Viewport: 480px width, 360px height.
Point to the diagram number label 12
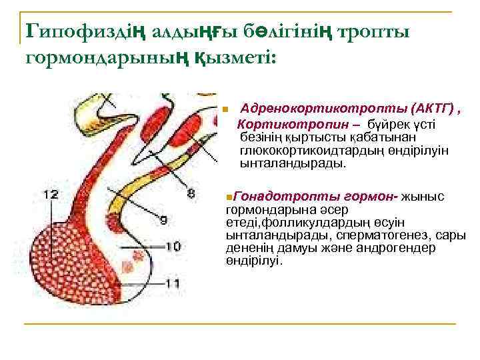pyautogui.click(x=51, y=195)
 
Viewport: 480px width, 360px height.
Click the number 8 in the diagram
pyautogui.click(x=191, y=194)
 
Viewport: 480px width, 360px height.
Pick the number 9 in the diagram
pyautogui.click(x=163, y=219)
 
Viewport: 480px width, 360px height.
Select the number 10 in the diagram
pyautogui.click(x=173, y=247)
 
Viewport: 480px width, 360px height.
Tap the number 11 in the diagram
pyautogui.click(x=173, y=283)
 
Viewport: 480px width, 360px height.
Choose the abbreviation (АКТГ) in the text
pyautogui.click(x=433, y=109)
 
